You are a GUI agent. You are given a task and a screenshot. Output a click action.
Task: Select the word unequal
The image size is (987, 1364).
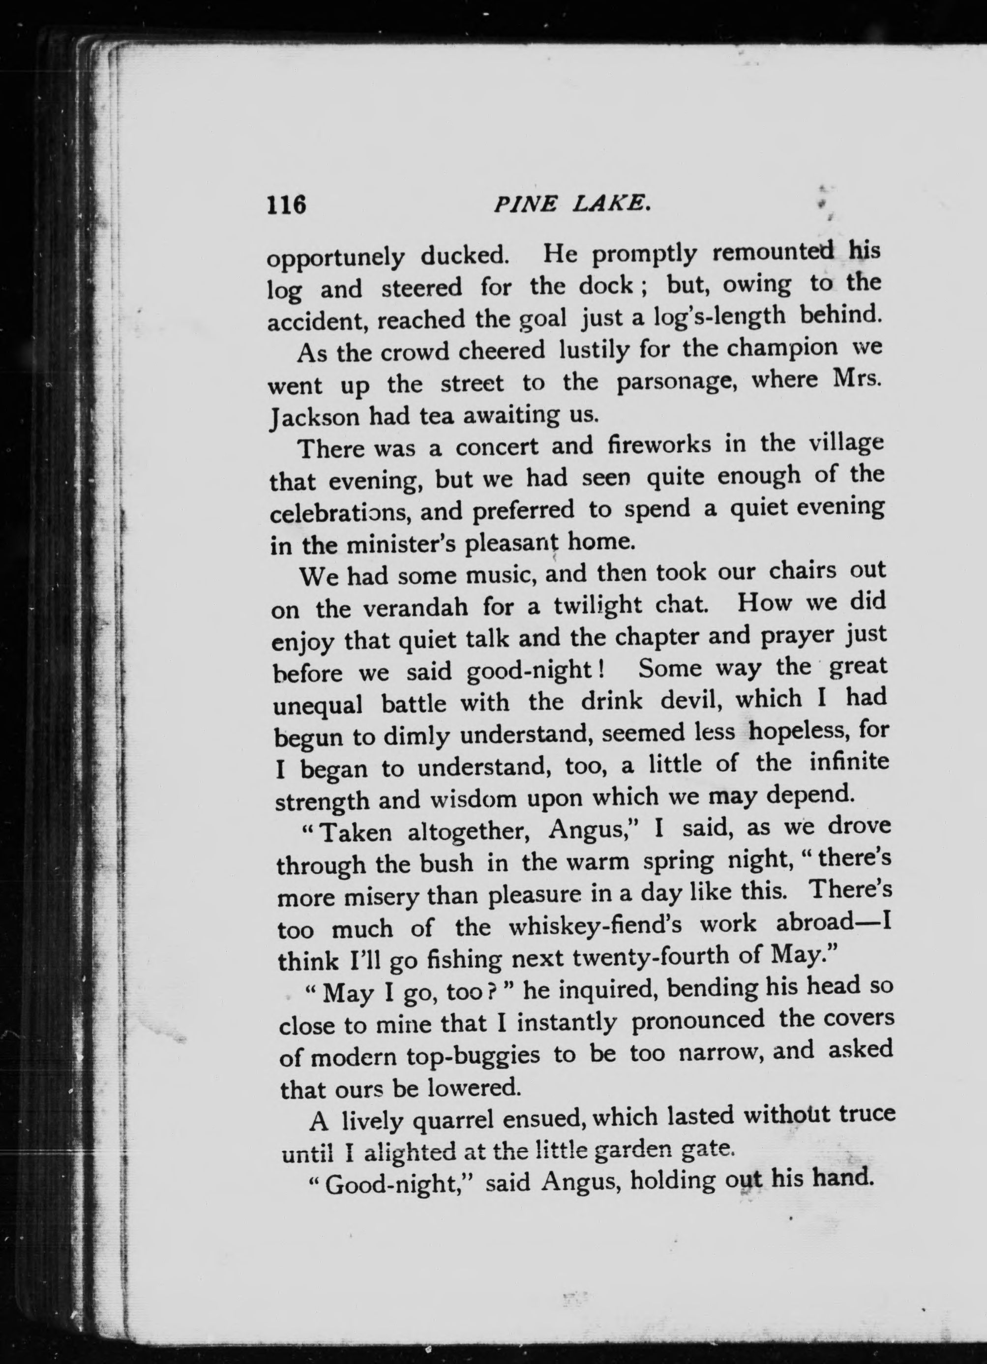click(x=318, y=705)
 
